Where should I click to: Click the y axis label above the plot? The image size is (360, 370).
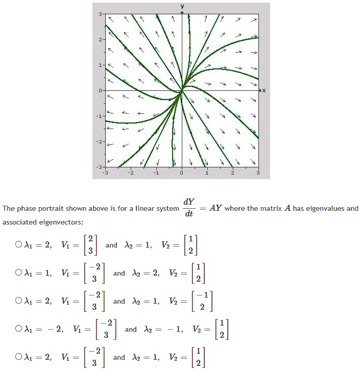(x=182, y=6)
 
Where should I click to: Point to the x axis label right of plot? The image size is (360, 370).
(x=263, y=91)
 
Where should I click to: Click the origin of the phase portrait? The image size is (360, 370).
(x=182, y=91)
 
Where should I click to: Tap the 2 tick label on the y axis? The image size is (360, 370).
(x=101, y=39)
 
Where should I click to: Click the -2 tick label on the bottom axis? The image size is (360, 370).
(x=130, y=173)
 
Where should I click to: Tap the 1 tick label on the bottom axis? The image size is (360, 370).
(x=207, y=173)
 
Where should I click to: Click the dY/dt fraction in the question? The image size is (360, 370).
(x=189, y=208)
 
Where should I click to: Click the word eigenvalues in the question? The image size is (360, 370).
(x=326, y=209)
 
